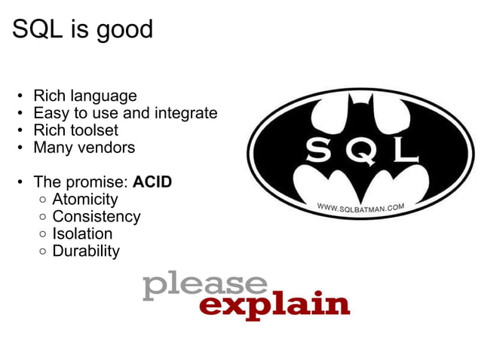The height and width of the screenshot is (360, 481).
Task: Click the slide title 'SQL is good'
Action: tap(82, 29)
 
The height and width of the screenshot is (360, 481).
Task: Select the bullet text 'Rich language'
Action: tap(84, 96)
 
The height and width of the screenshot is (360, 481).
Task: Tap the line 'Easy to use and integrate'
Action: tap(124, 114)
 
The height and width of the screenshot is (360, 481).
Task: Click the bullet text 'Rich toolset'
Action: tap(75, 130)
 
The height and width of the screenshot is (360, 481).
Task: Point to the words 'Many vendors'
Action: tap(84, 148)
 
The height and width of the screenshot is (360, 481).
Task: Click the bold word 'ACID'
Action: tap(152, 182)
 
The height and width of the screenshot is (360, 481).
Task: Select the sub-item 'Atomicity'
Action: tap(85, 200)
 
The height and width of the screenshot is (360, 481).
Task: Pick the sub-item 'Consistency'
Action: tap(96, 217)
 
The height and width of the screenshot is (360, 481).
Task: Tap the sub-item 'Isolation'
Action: tap(82, 233)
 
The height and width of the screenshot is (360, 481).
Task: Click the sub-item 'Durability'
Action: tap(86, 251)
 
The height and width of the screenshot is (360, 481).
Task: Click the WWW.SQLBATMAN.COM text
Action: tap(360, 206)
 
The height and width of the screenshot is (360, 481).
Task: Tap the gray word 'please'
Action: tap(204, 287)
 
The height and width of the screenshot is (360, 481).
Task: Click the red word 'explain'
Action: tap(274, 304)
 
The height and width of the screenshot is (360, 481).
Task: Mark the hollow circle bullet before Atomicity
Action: tap(44, 200)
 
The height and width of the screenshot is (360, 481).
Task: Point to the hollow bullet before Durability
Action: tap(44, 252)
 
